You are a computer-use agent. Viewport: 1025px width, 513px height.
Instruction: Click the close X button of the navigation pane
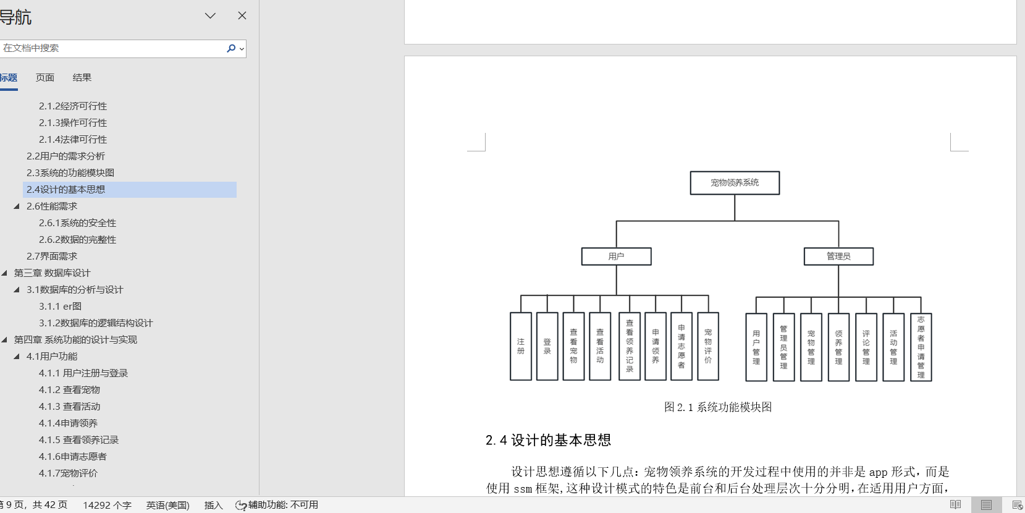point(242,16)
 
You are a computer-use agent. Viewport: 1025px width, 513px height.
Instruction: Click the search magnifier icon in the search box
point(231,48)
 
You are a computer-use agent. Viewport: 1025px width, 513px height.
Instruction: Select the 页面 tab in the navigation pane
point(45,78)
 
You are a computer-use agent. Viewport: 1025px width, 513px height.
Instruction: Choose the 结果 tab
point(82,78)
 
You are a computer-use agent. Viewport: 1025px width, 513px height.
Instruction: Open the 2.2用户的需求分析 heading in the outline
point(66,156)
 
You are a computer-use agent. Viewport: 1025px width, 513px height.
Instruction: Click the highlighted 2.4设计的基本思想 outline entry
point(66,190)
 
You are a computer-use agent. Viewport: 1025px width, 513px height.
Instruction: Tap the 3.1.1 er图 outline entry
point(60,306)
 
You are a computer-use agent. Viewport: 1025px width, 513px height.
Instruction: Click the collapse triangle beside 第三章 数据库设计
point(4,273)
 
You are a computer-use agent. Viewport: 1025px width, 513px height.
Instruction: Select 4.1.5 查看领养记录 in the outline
point(78,440)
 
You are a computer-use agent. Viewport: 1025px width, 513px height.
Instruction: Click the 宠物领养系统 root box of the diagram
point(735,183)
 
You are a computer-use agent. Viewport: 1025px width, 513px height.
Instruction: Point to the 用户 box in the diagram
point(617,256)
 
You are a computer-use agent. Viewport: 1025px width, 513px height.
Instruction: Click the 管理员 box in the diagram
point(838,256)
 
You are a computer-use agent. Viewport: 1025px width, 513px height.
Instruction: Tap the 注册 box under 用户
point(521,346)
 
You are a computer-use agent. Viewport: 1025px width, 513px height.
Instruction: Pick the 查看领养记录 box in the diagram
point(629,346)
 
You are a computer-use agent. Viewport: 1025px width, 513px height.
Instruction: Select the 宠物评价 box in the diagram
point(708,346)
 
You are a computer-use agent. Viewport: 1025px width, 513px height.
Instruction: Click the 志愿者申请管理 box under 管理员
point(921,347)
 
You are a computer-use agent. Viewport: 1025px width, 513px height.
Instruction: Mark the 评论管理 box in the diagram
point(866,347)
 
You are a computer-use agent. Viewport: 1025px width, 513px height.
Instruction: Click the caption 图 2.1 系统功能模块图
point(717,407)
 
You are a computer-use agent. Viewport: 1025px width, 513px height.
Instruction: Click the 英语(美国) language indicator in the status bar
point(167,505)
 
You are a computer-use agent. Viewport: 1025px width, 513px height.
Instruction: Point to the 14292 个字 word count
point(107,505)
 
